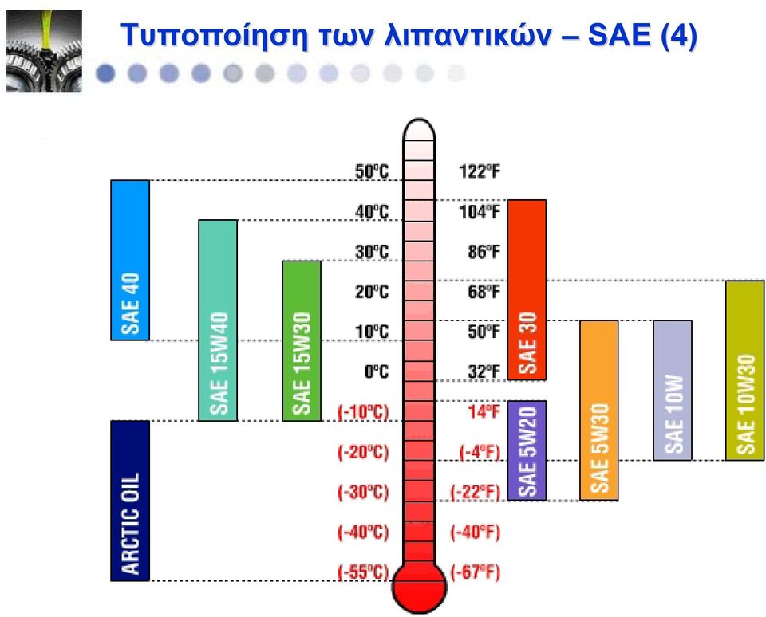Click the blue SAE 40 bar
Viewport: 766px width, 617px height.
click(x=130, y=260)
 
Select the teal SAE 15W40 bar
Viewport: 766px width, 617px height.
click(x=218, y=320)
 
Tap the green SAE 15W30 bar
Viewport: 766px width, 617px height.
click(x=302, y=340)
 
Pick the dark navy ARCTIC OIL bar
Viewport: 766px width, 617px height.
click(x=130, y=501)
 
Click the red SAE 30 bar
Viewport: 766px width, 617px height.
click(x=527, y=290)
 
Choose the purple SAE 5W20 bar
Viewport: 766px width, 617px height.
click(x=527, y=450)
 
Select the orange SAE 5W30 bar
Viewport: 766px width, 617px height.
click(x=599, y=411)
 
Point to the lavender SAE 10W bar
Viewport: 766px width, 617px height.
click(x=673, y=391)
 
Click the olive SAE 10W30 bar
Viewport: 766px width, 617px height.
click(x=745, y=371)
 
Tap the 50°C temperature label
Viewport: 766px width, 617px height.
click(x=372, y=172)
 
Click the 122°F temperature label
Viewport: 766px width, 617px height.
click(x=480, y=172)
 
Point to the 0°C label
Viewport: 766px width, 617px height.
click(x=377, y=372)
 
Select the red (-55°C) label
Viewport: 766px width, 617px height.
click(x=364, y=572)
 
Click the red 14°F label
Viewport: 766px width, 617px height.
click(x=484, y=412)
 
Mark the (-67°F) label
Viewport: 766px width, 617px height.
click(x=476, y=572)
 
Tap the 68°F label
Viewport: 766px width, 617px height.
click(x=484, y=292)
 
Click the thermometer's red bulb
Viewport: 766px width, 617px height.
click(x=419, y=587)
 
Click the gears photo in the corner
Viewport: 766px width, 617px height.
click(x=44, y=51)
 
